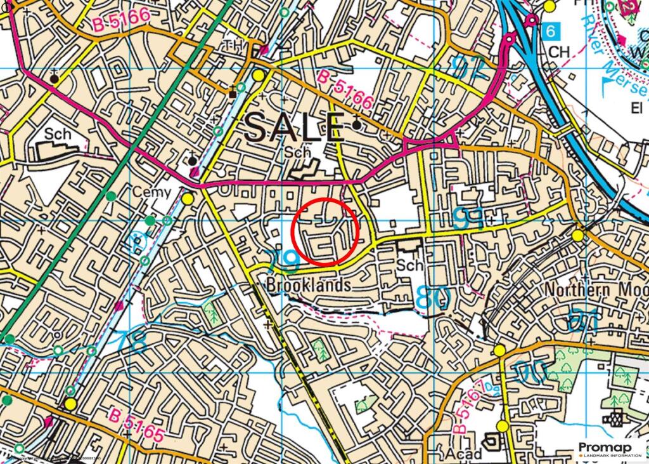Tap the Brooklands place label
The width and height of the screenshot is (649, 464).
[309, 286]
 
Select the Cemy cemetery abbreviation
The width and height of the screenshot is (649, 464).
[151, 192]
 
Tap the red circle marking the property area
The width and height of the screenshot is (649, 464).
[326, 231]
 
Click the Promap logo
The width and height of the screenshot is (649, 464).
[611, 447]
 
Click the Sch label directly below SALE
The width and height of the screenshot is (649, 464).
[298, 152]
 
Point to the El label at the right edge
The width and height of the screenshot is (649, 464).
[636, 108]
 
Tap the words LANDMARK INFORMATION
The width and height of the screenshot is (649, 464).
[611, 456]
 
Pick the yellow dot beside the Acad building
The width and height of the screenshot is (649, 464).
[503, 425]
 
